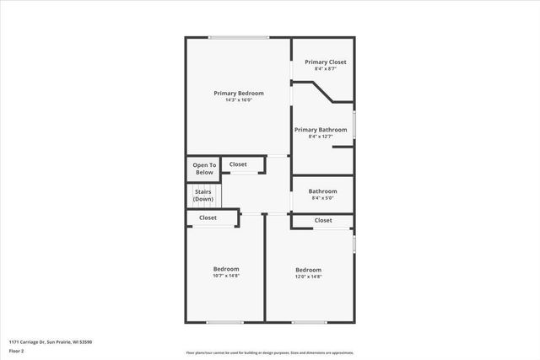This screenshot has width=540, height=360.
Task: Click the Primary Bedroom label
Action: [x=239, y=93]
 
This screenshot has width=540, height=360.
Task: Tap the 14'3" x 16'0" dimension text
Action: [x=239, y=100]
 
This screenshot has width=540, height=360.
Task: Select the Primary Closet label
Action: [x=326, y=62]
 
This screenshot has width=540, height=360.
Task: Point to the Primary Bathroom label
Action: [x=321, y=130]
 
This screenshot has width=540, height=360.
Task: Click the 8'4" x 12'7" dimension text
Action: [x=321, y=137]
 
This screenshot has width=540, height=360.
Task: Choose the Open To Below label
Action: [x=204, y=169]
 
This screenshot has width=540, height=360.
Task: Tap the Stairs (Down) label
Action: [x=203, y=196]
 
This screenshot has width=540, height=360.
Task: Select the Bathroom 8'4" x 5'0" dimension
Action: [x=323, y=198]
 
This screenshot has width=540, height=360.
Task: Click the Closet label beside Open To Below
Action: [x=238, y=164]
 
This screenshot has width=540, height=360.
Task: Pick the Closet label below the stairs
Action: [x=208, y=218]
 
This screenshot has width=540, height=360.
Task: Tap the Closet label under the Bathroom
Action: [x=323, y=220]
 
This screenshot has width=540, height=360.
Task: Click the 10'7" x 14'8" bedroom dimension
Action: [x=225, y=276]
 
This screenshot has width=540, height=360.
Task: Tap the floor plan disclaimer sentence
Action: [x=270, y=353]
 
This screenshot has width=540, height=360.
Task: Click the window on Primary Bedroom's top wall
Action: [x=239, y=37]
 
